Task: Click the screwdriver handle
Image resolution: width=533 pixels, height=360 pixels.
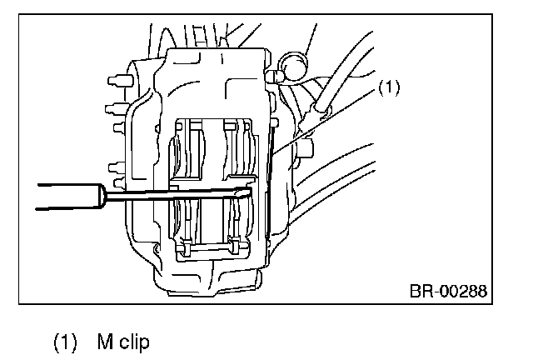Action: click(62, 200)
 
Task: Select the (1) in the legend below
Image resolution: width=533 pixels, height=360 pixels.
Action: click(67, 342)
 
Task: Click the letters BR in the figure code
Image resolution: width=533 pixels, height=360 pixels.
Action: click(419, 292)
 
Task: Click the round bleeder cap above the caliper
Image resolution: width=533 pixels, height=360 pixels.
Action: click(292, 63)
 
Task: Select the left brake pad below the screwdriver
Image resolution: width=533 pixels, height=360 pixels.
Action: click(187, 221)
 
